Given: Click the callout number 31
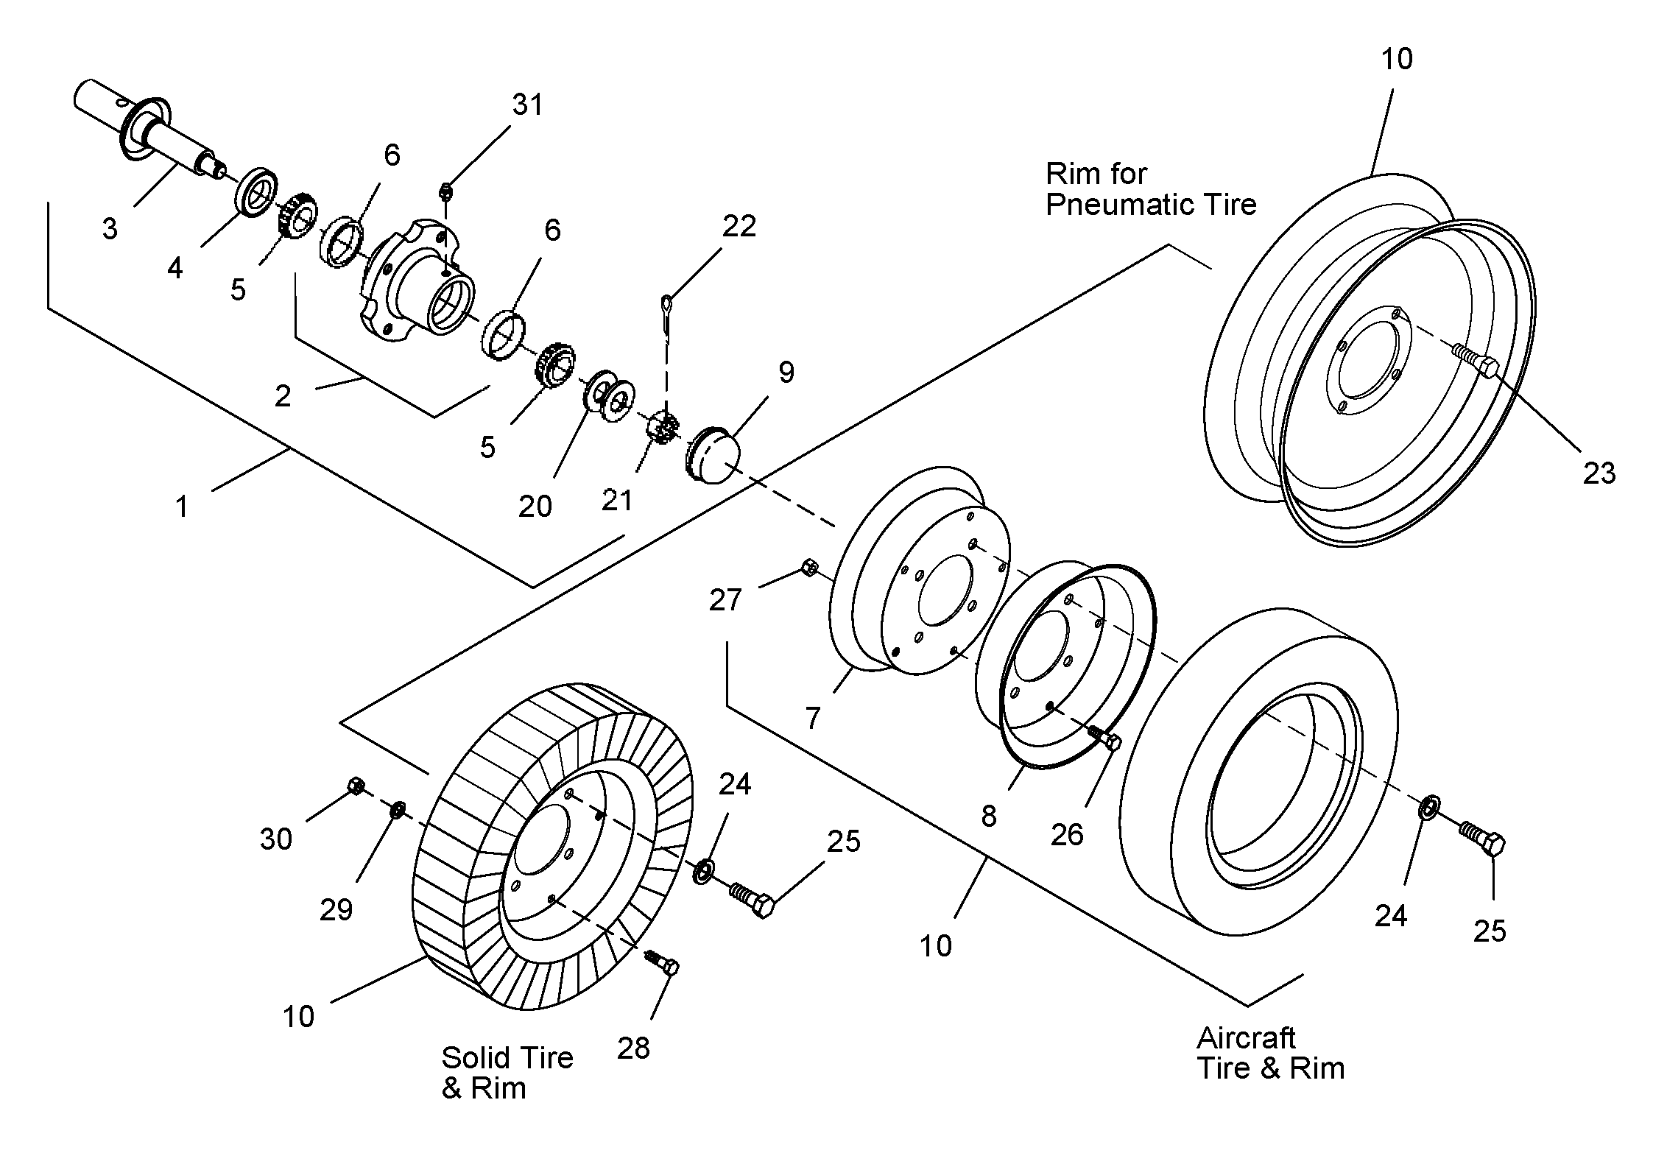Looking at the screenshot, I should [x=528, y=105].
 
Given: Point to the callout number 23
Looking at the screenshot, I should [x=1599, y=473].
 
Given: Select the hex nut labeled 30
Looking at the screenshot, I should [x=355, y=786].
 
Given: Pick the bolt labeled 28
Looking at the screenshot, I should [x=663, y=962].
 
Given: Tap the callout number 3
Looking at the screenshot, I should [x=110, y=229].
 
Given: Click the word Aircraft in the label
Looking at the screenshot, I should [x=1246, y=1038].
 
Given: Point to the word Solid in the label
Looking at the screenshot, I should [x=471, y=1058].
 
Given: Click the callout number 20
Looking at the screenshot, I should [x=535, y=507].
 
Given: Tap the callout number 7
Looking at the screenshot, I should [x=813, y=717].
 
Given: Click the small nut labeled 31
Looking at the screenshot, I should [x=445, y=191].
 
